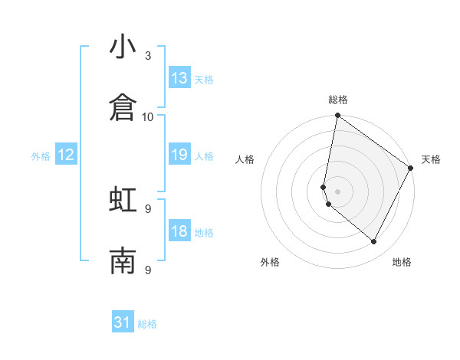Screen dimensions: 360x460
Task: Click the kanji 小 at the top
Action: pyautogui.click(x=123, y=47)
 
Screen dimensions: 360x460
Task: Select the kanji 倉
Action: pyautogui.click(x=123, y=109)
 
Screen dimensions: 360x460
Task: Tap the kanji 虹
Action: pyautogui.click(x=123, y=201)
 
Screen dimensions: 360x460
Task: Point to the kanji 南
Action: pyautogui.click(x=123, y=262)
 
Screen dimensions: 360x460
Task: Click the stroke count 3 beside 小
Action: pyautogui.click(x=148, y=56)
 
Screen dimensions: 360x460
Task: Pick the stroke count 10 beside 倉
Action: pyautogui.click(x=148, y=116)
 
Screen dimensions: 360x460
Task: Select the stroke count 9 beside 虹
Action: pyautogui.click(x=148, y=208)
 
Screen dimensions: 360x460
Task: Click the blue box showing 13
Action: pyautogui.click(x=179, y=78)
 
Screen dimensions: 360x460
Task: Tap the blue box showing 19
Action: pyautogui.click(x=179, y=155)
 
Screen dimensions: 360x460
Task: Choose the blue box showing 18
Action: pyautogui.click(x=179, y=231)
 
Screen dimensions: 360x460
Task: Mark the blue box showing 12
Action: pyautogui.click(x=66, y=155)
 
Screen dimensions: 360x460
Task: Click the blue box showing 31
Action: pyautogui.click(x=123, y=322)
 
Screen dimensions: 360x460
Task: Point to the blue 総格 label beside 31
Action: pyautogui.click(x=147, y=324)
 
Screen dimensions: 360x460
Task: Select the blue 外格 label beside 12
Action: pyautogui.click(x=41, y=156)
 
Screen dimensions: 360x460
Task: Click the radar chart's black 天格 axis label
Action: pyautogui.click(x=431, y=159)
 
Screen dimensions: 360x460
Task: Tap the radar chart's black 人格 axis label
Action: pyautogui.click(x=245, y=159)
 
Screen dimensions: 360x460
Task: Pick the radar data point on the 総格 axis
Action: pyautogui.click(x=337, y=116)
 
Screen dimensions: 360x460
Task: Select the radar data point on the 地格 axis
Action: pyautogui.click(x=374, y=242)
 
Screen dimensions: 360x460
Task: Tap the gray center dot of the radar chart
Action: pyautogui.click(x=337, y=191)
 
